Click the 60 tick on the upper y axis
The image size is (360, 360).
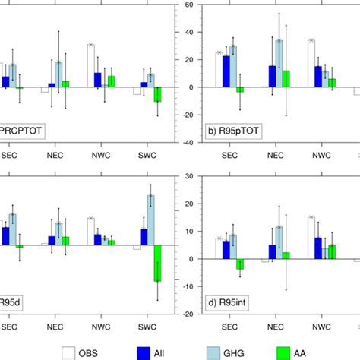tap(187, 5)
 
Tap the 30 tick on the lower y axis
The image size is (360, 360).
tap(187, 177)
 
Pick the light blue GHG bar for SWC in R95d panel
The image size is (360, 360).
tap(150, 221)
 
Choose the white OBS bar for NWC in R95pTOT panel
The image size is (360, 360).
tap(311, 64)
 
